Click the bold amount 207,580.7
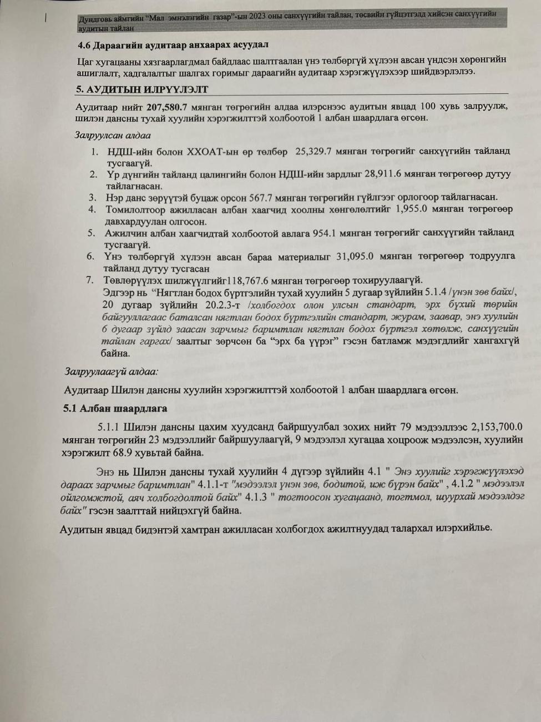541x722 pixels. (166, 107)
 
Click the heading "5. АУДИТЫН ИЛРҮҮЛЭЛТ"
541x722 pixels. (141, 89)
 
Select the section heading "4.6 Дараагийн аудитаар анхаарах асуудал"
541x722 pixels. (173, 44)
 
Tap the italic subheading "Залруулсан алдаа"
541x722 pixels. (113, 135)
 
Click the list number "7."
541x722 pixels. (90, 280)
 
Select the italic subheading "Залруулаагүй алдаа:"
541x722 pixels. (111, 372)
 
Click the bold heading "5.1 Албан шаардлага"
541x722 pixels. (115, 408)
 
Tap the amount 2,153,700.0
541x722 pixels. (497, 427)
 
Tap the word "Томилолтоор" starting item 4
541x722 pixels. (139, 209)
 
